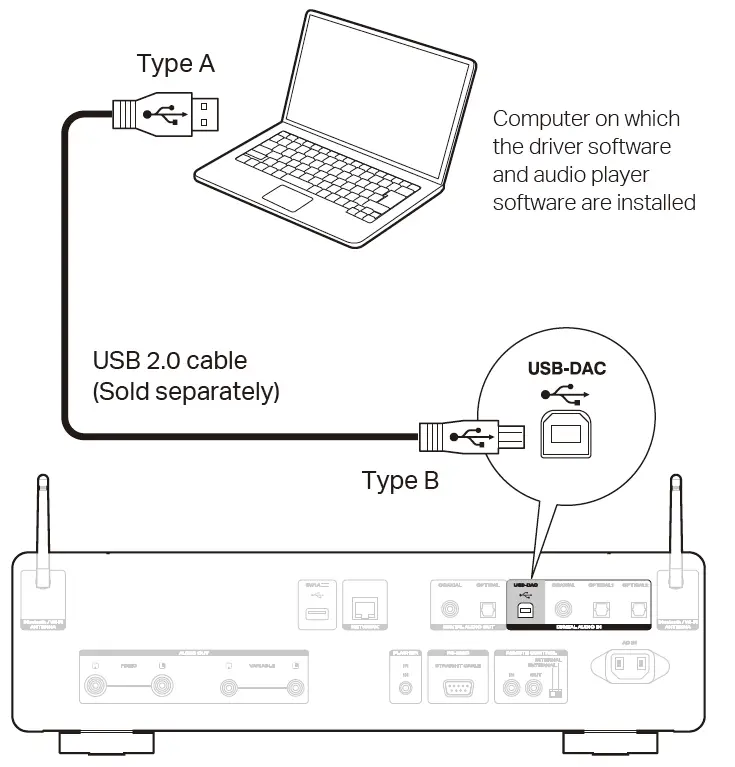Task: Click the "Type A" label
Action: (175, 64)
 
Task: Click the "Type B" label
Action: (400, 481)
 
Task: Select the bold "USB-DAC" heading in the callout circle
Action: (566, 368)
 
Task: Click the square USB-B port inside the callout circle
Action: (566, 432)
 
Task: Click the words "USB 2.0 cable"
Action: (169, 359)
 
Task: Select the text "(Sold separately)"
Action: (186, 391)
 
